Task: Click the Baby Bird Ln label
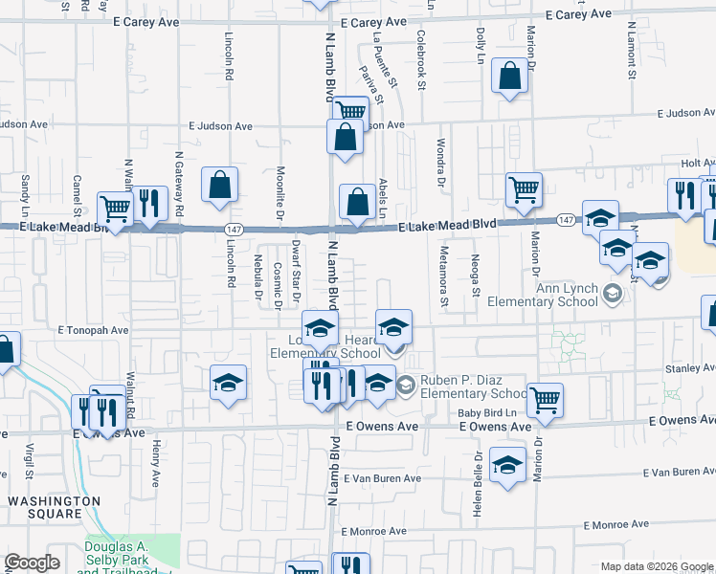[493, 412]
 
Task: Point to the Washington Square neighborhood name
[54, 507]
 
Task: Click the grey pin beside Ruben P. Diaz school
[406, 386]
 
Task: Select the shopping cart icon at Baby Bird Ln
[545, 400]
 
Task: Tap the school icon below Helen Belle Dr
[507, 466]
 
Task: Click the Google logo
[33, 563]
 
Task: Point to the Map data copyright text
[656, 566]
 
